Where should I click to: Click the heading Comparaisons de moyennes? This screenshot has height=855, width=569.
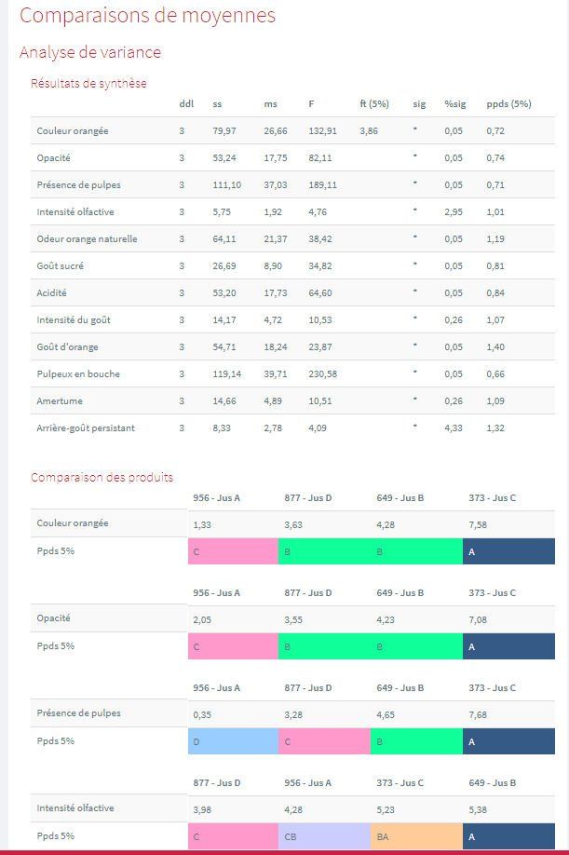click(x=147, y=16)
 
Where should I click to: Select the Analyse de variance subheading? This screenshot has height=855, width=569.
click(x=90, y=52)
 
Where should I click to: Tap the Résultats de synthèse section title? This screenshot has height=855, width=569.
click(x=88, y=83)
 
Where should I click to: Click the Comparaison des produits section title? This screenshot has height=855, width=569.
click(x=102, y=477)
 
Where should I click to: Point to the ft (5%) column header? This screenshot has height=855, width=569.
click(x=373, y=103)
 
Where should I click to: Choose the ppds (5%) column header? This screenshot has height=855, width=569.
click(x=508, y=103)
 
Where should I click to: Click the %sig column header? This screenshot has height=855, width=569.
click(x=454, y=103)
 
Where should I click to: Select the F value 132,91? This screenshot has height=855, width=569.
click(x=322, y=131)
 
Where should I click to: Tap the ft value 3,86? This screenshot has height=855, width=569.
click(x=369, y=131)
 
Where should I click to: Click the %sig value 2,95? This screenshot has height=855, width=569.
click(x=453, y=212)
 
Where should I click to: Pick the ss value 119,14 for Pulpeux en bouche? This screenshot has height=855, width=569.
click(x=226, y=374)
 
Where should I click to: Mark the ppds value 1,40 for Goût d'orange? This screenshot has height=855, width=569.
click(x=495, y=347)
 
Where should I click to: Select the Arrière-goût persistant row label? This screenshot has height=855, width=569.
click(x=86, y=428)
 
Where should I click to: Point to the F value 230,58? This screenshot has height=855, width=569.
click(x=322, y=374)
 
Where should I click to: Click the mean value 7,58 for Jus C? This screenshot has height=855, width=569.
click(x=477, y=524)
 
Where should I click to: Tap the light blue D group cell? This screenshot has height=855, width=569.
click(x=233, y=741)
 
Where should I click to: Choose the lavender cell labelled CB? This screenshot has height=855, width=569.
click(x=323, y=836)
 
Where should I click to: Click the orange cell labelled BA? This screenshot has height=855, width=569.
click(x=415, y=836)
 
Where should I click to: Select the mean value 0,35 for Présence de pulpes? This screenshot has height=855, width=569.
click(x=201, y=714)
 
